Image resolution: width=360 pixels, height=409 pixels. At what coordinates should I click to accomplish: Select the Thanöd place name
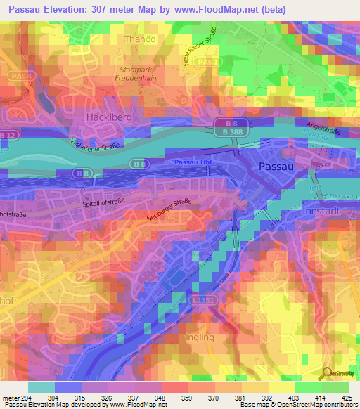pyautogui.click(x=141, y=39)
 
